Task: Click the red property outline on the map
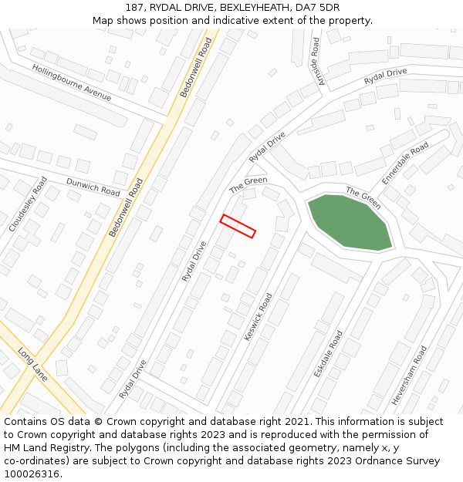coord(238,226)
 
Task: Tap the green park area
coord(350,222)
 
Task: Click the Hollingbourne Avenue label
coord(72,83)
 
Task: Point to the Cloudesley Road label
coord(28,204)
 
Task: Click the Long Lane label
coord(32,363)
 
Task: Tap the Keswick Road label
coord(259,317)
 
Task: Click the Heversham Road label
coord(419,376)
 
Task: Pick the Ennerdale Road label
coord(405,163)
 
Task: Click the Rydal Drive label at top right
coord(385,77)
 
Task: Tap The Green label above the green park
coord(363,198)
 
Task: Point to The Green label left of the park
coord(248,185)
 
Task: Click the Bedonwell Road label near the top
coord(196,68)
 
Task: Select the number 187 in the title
coord(134,8)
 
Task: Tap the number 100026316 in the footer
coord(32,474)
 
